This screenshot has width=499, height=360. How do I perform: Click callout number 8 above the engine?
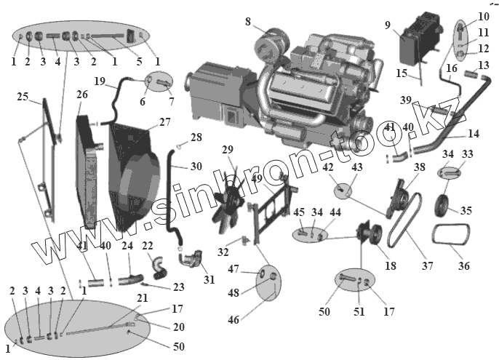(x=248, y=22)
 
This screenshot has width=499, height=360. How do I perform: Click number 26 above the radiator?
(x=81, y=95)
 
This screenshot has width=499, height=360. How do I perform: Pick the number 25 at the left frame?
(x=23, y=97)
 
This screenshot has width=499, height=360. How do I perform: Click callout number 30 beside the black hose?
(x=196, y=167)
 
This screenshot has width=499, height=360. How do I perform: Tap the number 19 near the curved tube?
(x=100, y=81)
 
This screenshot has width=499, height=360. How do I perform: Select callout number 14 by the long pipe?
(x=474, y=134)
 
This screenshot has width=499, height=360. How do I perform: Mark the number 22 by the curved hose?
(x=148, y=246)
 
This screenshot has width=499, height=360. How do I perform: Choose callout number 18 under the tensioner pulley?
(x=391, y=266)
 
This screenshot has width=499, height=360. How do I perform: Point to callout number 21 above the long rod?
(x=142, y=297)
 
